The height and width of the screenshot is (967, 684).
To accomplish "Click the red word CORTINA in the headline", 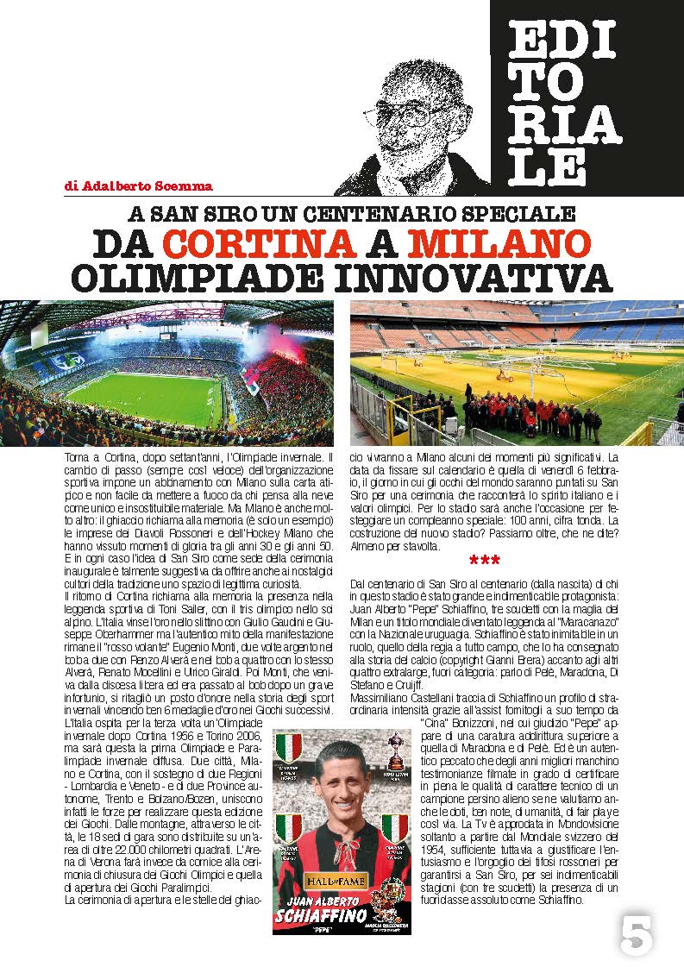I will point(259,243).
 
